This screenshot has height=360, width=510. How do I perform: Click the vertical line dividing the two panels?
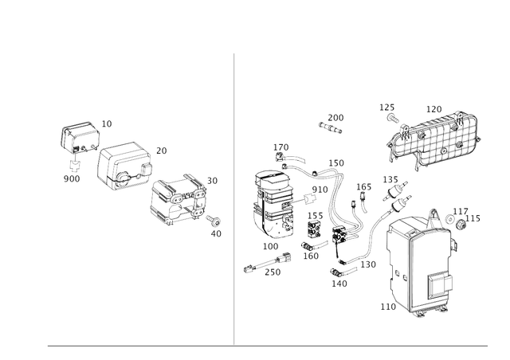(x=234, y=199)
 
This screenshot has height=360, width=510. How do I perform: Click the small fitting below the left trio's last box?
(x=213, y=232)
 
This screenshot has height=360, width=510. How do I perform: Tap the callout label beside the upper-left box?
(x=109, y=121)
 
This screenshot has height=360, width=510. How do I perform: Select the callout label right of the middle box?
(x=161, y=149)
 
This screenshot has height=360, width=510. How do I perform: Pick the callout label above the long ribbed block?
(x=434, y=108)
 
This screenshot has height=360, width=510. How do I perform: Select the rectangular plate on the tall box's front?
(x=438, y=283)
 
